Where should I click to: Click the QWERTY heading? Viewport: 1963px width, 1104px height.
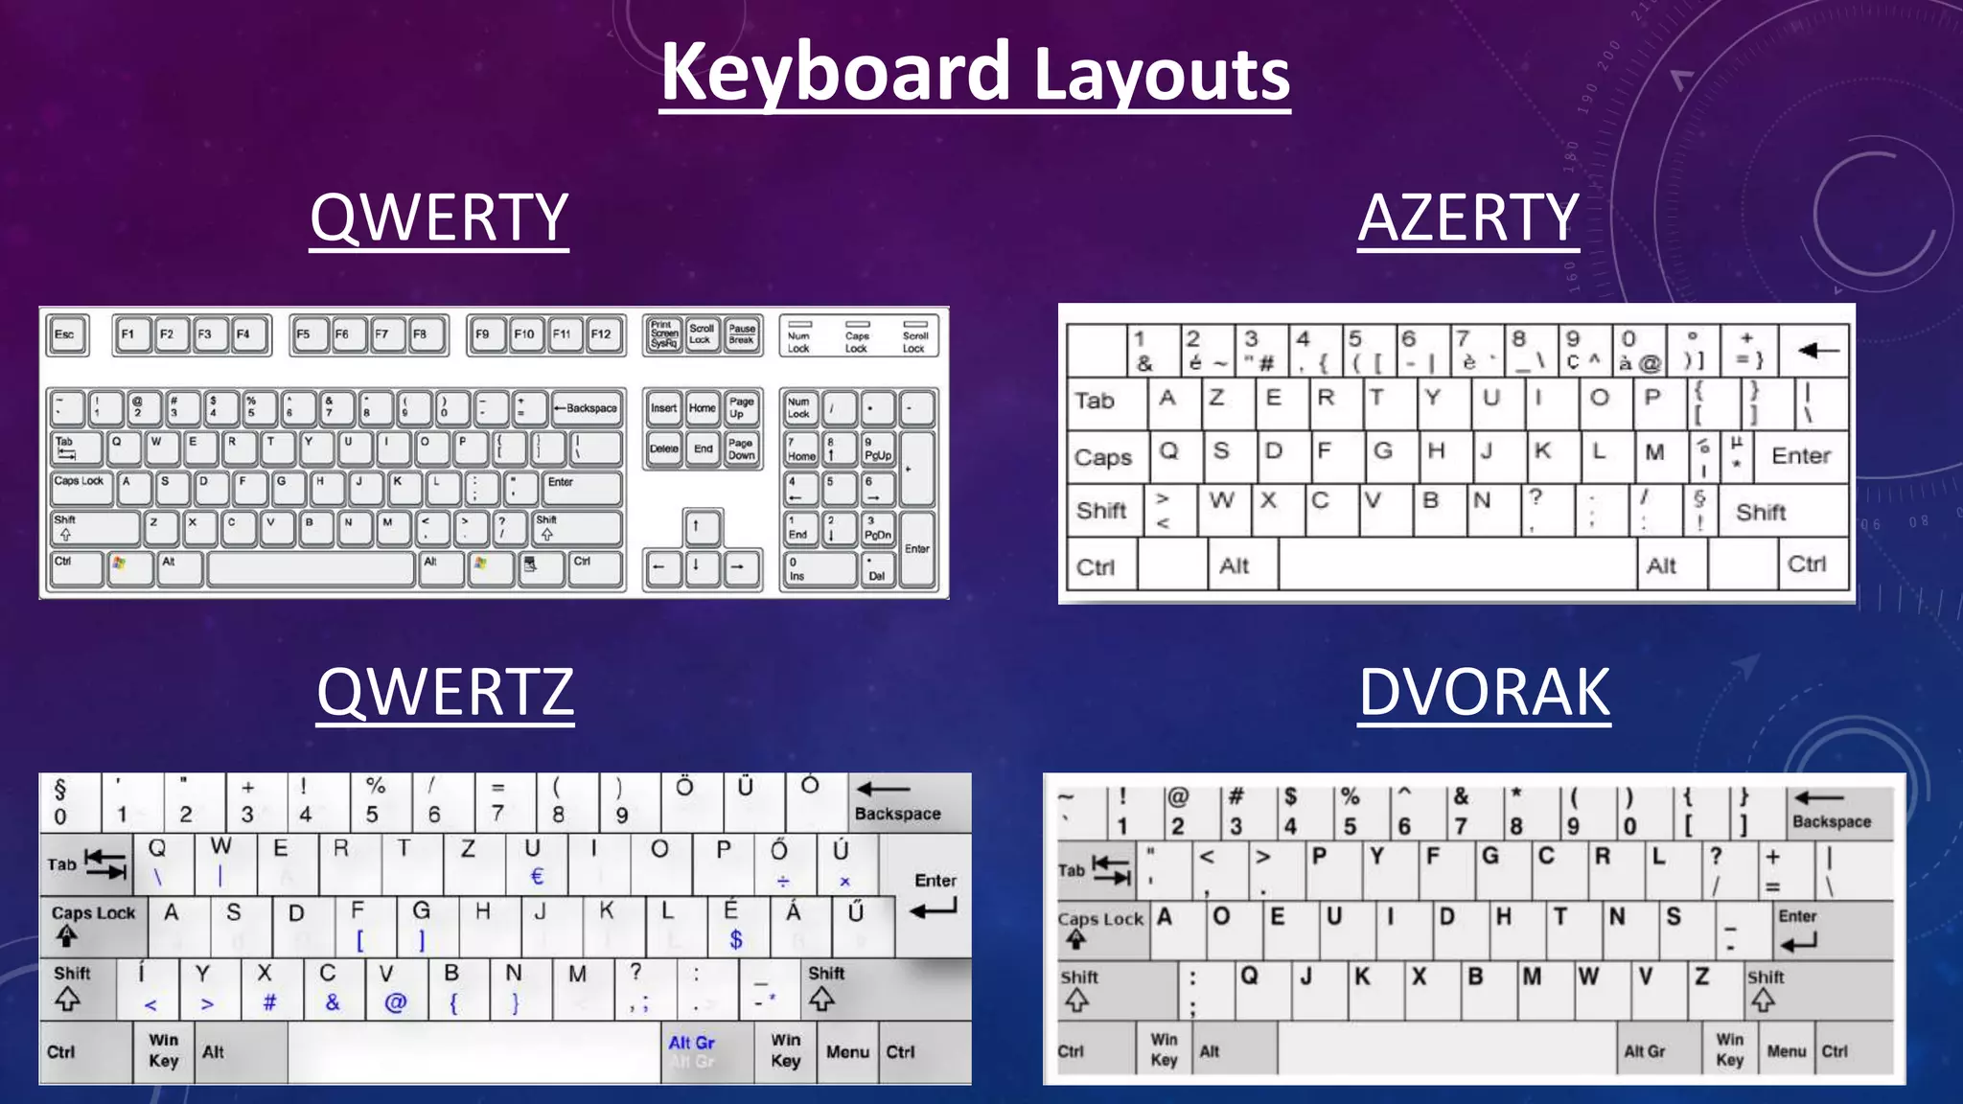pos(439,218)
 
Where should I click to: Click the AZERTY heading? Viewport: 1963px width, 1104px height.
pos(1467,218)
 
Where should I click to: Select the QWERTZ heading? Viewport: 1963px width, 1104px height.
pos(445,692)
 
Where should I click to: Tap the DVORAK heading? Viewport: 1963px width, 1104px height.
pos(1484,692)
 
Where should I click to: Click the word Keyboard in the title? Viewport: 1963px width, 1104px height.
pos(836,73)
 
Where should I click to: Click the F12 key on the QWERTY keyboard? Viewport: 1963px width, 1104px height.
pos(601,334)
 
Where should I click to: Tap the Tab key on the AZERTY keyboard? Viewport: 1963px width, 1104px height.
pos(1095,401)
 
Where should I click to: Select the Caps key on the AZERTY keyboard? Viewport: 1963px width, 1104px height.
pos(1103,457)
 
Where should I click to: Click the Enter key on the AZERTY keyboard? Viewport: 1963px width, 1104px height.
pos(1800,456)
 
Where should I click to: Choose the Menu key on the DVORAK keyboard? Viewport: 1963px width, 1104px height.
pos(1787,1051)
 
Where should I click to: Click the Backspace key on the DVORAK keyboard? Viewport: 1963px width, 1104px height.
pos(1832,811)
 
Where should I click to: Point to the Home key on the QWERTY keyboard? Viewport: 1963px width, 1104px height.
pos(702,408)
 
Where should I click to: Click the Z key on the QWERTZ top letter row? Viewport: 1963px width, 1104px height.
pos(469,862)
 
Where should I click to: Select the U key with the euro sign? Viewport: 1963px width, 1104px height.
pos(534,862)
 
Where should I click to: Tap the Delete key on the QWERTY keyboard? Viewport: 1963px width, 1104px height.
pos(663,448)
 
